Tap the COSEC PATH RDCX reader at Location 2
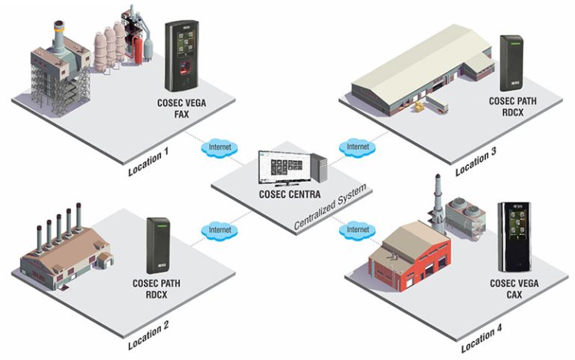[x=159, y=244]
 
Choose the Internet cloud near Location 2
[x=219, y=229]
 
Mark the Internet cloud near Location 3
[x=356, y=146]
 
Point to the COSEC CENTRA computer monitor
[x=282, y=169]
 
